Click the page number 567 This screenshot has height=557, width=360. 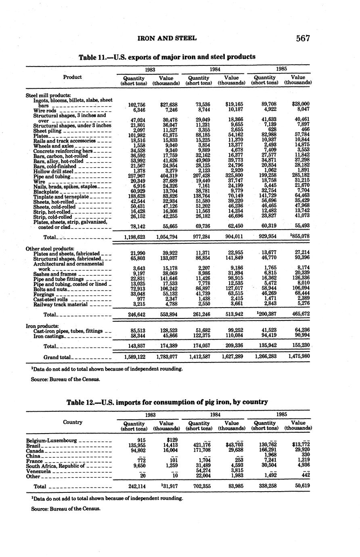tap(302, 38)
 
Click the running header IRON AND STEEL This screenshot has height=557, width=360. tap(167, 38)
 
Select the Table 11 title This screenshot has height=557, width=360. tap(167, 57)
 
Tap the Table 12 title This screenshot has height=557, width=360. tap(167, 402)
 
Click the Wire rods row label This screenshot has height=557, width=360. tap(45, 110)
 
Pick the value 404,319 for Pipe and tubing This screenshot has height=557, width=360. tap(166, 176)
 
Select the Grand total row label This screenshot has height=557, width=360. tap(57, 357)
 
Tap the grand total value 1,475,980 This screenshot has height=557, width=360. tap(299, 356)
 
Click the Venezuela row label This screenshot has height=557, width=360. tap(38, 471)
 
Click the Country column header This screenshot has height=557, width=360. tap(73, 422)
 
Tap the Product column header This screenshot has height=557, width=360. tap(73, 77)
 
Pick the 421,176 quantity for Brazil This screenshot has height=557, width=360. tap(200, 445)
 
